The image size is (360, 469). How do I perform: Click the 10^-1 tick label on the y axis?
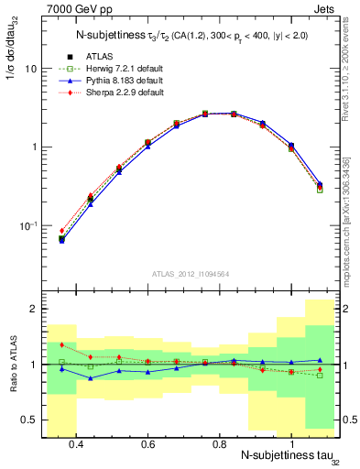(x=29, y=225)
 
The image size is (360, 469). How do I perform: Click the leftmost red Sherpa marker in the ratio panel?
(x=61, y=345)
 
